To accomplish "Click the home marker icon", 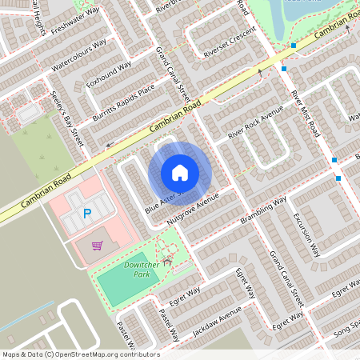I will pos(180,173).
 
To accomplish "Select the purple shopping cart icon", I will pos(97,246).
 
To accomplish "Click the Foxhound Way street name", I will pos(110,74).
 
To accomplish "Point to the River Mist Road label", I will pos(306,117).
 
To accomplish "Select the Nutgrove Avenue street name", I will pos(193,207).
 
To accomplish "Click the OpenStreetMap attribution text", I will pos(81,354).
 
